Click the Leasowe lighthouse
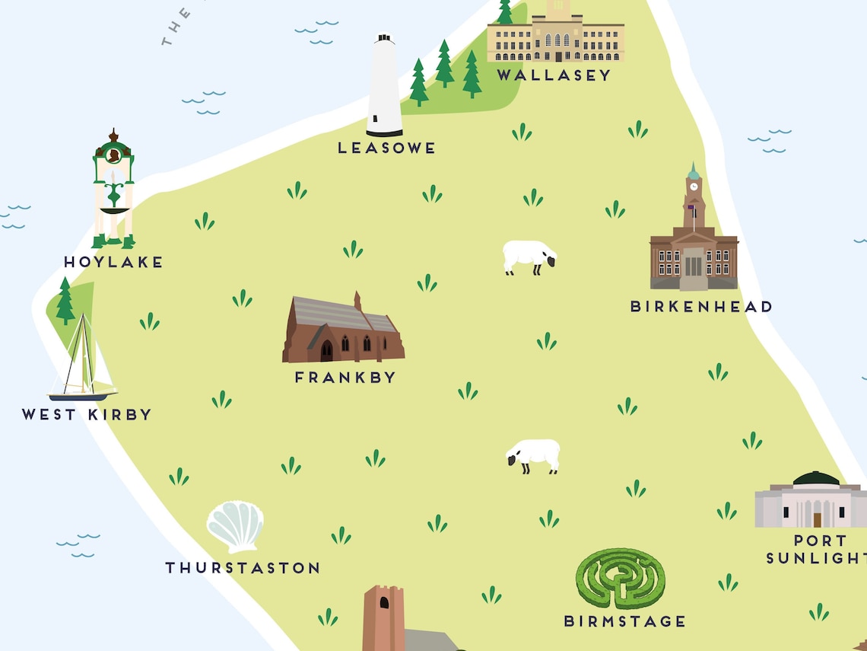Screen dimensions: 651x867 tap(384, 85)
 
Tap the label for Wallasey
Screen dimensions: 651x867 tap(554, 75)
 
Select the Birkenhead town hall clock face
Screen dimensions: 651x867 tap(693, 187)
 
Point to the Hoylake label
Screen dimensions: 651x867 tap(113, 262)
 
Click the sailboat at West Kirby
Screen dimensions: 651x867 tap(82, 362)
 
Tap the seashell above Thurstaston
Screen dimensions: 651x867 tap(235, 526)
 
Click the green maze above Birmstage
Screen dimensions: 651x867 tap(620, 578)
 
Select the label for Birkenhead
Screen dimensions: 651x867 tap(700, 306)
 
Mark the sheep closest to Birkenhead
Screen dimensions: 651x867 tap(529, 257)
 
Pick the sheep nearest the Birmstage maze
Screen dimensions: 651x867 tap(534, 455)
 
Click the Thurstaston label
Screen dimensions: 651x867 tap(243, 567)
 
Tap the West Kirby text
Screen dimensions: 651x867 tap(87, 415)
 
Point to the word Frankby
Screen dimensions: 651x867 tap(345, 377)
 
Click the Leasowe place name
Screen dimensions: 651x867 tap(386, 148)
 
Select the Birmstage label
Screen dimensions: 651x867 tap(624, 621)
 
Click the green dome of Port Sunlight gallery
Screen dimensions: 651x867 tap(816, 479)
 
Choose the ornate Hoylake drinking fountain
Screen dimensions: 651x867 tap(114, 190)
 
